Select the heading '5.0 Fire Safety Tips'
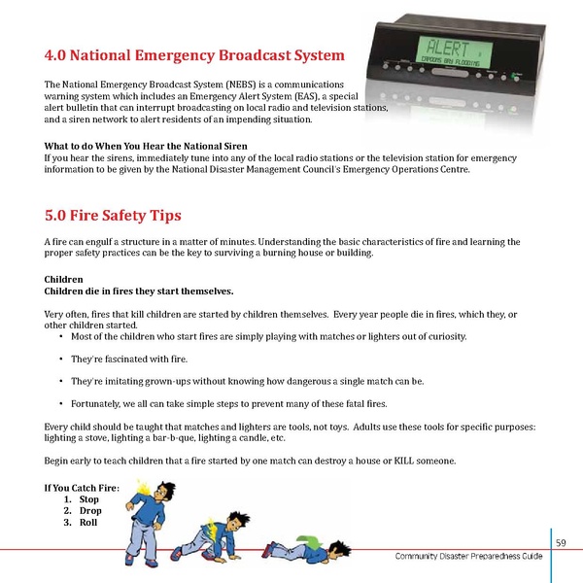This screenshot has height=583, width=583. (113, 215)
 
